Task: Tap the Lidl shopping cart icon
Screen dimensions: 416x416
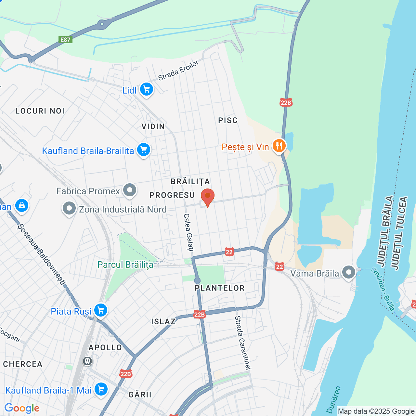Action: click(x=147, y=89)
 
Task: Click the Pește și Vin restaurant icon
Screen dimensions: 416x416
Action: click(x=279, y=146)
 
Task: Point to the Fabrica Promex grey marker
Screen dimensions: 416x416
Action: click(x=130, y=190)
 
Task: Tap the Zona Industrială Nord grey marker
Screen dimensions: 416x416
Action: click(x=69, y=209)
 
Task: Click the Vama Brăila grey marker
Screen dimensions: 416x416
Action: click(x=349, y=272)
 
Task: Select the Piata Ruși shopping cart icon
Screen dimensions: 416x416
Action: click(x=101, y=310)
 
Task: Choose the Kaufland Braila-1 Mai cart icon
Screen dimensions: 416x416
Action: click(x=101, y=389)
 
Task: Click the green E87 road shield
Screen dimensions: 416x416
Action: click(x=65, y=40)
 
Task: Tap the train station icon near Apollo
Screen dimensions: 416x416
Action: click(x=87, y=361)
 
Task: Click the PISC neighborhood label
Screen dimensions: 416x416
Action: click(x=228, y=121)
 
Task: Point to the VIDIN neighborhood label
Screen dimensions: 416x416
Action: click(x=153, y=127)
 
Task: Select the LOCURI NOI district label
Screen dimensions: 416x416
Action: click(x=40, y=111)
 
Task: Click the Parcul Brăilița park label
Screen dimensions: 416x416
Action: click(x=125, y=265)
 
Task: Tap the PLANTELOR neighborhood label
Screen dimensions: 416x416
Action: click(x=220, y=288)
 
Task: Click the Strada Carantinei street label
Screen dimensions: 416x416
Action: click(x=243, y=343)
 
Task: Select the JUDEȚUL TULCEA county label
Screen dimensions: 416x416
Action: click(x=399, y=233)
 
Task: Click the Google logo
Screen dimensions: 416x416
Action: click(x=22, y=408)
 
